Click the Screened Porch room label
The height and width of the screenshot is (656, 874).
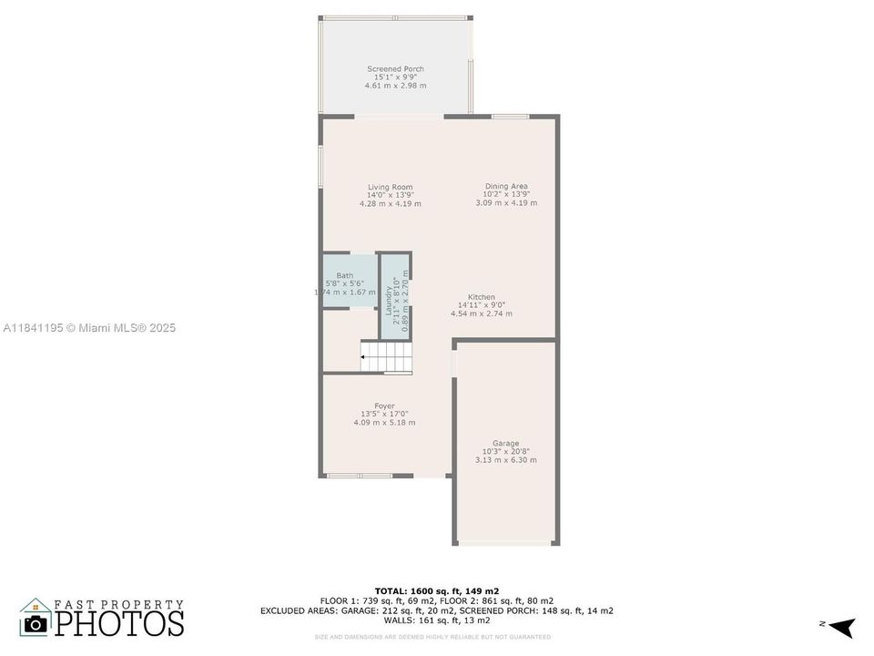coord(395,69)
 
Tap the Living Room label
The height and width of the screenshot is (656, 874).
coord(390,188)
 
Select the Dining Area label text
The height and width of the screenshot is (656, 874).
coord(505,187)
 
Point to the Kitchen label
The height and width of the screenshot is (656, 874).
coord(482,298)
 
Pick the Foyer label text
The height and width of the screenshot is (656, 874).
coord(384,406)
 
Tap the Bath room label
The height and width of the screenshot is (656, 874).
coord(345,276)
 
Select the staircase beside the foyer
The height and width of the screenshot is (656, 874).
coord(387,356)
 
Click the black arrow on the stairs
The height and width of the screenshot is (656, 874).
coord(364,357)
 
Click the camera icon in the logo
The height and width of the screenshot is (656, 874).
coord(36,622)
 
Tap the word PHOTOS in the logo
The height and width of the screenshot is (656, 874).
coord(119,622)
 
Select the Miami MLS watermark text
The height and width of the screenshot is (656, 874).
coord(89,328)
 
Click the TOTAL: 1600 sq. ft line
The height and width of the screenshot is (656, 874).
coord(437,590)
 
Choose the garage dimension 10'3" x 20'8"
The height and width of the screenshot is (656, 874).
coord(505,452)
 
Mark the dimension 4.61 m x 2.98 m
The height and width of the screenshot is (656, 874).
coord(395,86)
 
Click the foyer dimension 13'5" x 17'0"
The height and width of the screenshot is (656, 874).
coord(384,415)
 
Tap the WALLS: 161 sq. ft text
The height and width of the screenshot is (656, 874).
coord(437,620)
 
